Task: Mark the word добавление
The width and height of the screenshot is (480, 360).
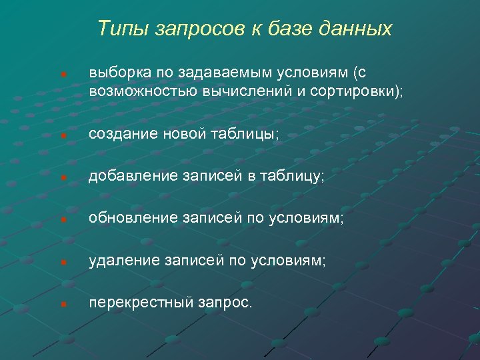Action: pos(132,176)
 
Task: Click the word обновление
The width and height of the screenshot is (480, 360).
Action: pos(132,219)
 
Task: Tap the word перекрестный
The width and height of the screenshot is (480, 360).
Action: pos(141,303)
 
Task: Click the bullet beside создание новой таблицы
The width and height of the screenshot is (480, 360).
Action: pos(62,135)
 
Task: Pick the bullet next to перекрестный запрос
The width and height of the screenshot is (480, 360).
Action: pos(62,304)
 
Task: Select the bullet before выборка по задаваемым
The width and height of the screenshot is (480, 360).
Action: pos(62,73)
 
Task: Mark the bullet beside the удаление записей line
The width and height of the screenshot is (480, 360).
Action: pos(62,262)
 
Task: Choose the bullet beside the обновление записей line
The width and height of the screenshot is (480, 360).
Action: pos(62,220)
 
